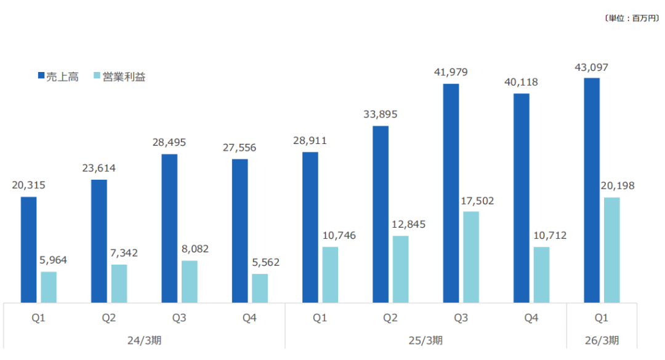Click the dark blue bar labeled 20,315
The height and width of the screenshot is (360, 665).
click(28, 250)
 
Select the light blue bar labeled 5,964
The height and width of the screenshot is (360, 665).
click(49, 287)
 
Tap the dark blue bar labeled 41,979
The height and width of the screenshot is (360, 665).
click(451, 193)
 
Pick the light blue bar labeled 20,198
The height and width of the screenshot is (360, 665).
click(611, 250)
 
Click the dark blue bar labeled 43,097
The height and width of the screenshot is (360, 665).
click(592, 190)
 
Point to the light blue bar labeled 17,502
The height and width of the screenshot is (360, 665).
click(471, 257)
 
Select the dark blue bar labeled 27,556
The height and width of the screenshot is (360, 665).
click(240, 231)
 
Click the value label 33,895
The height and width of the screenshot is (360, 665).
click(381, 114)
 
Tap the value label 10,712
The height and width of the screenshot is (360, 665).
click(541, 235)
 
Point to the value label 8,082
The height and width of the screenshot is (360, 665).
click(190, 249)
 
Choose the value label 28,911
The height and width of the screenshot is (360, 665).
click(310, 140)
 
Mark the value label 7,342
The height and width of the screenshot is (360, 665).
click(119, 253)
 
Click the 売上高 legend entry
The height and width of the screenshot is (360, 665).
click(58, 77)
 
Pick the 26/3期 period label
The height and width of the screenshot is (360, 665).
click(602, 340)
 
